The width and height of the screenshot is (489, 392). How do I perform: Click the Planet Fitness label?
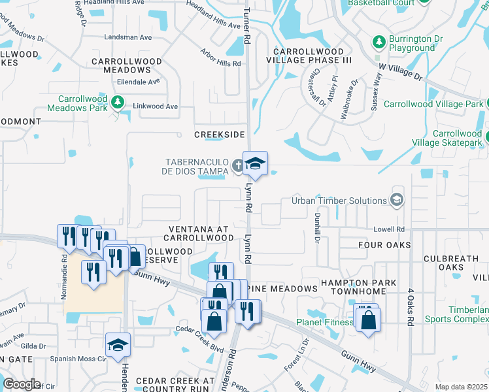324,321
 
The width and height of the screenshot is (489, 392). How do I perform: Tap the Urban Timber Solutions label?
339,201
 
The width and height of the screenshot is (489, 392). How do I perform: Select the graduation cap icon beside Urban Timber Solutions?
396,199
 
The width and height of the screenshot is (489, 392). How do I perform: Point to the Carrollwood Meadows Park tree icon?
118,102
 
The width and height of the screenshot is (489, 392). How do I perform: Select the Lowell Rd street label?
390,229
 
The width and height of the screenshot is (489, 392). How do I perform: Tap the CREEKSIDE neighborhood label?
220,135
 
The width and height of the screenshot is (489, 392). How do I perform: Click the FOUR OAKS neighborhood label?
384,245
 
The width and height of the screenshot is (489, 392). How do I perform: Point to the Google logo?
22,384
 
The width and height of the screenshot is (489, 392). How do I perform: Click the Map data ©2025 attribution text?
461,387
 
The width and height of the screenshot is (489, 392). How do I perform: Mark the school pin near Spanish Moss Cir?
118,344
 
